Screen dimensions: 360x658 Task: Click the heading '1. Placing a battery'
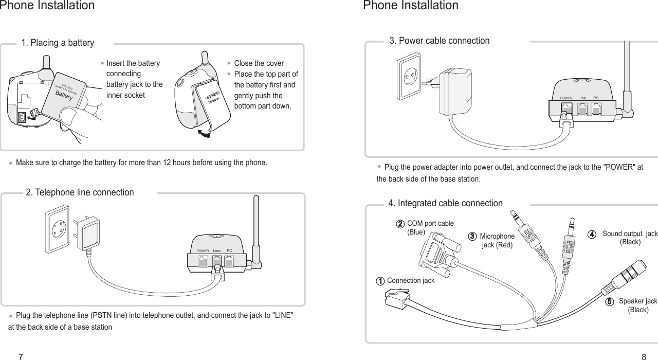pyautogui.click(x=57, y=43)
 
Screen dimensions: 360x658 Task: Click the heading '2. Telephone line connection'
pyautogui.click(x=80, y=192)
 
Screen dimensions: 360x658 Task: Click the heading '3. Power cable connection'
pyautogui.click(x=440, y=41)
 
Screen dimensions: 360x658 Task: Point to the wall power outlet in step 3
pyautogui.click(x=409, y=77)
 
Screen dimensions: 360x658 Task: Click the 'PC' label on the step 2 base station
pyautogui.click(x=229, y=250)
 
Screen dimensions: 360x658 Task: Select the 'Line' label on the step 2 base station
pyautogui.click(x=217, y=250)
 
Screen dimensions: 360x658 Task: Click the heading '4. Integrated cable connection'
pyautogui.click(x=445, y=203)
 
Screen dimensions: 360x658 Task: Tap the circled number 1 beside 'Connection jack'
pyautogui.click(x=379, y=281)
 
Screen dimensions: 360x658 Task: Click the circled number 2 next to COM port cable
pyautogui.click(x=399, y=224)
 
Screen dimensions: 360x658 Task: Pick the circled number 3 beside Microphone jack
pyautogui.click(x=472, y=236)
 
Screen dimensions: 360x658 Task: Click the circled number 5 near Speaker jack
pyautogui.click(x=609, y=301)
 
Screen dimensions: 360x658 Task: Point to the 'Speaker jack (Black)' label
pyautogui.click(x=638, y=305)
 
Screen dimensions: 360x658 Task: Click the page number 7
pyautogui.click(x=21, y=356)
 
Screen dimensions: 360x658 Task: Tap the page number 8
pyautogui.click(x=644, y=356)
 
